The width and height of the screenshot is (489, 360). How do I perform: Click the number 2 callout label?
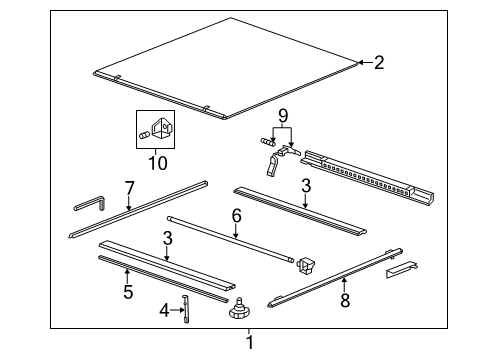pyautogui.click(x=379, y=63)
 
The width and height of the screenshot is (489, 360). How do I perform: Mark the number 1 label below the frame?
pyautogui.click(x=250, y=345)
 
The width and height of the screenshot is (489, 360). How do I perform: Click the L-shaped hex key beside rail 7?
pyautogui.click(x=90, y=204)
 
